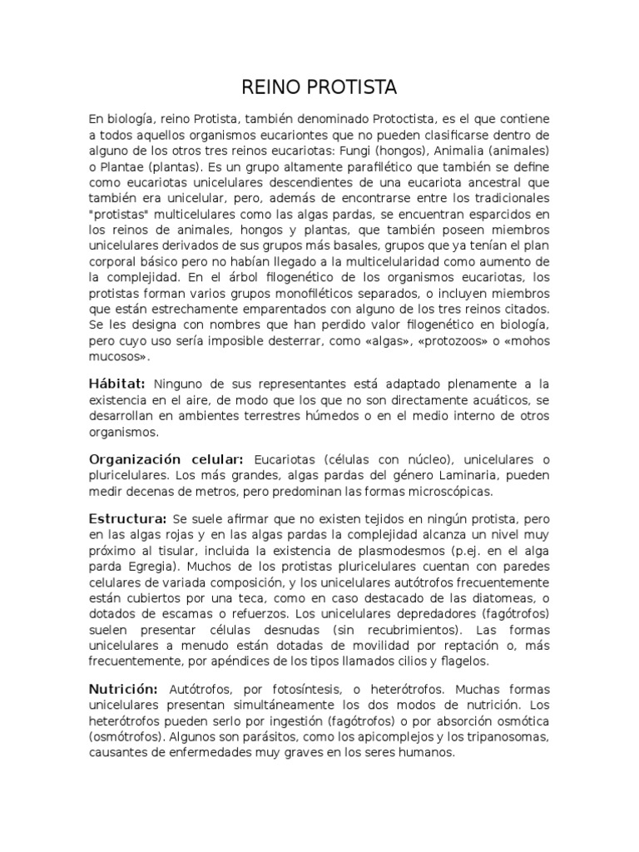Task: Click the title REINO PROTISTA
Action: [x=319, y=87]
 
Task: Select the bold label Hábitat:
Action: [x=117, y=383]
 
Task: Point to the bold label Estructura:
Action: [x=128, y=519]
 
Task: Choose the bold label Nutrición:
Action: [x=123, y=690]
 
